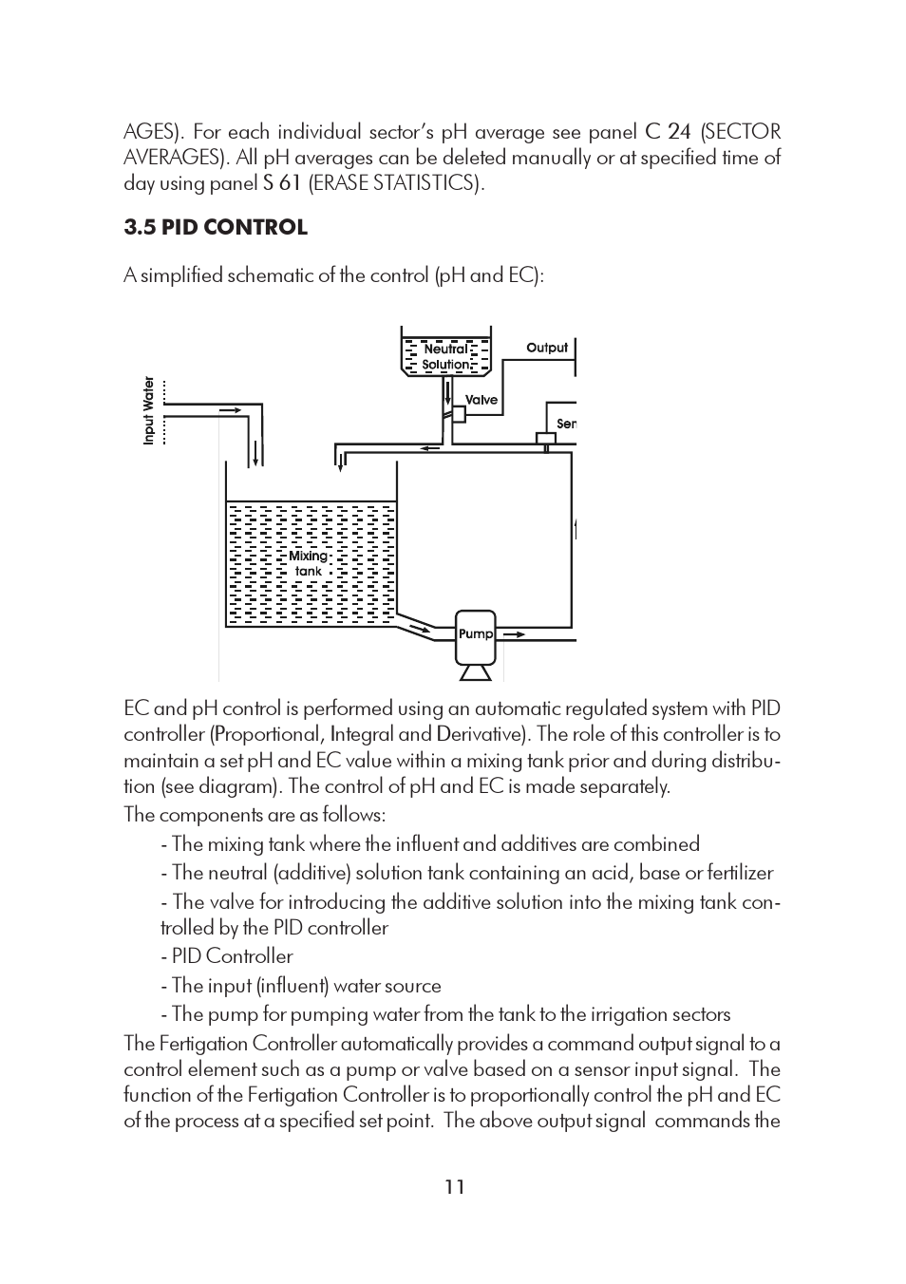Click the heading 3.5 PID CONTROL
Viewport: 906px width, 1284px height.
pyautogui.click(x=216, y=228)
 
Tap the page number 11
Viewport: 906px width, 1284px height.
pyautogui.click(x=455, y=1186)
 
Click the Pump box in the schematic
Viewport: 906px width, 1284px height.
pyautogui.click(x=476, y=634)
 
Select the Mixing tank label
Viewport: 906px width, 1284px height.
pyautogui.click(x=308, y=563)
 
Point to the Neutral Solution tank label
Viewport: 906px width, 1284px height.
pyautogui.click(x=445, y=357)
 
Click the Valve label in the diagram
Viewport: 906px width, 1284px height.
pyautogui.click(x=481, y=400)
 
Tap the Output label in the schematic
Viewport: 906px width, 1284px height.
pyautogui.click(x=547, y=348)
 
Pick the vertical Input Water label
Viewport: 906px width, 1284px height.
pyautogui.click(x=148, y=410)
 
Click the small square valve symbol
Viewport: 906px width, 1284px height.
pyautogui.click(x=458, y=414)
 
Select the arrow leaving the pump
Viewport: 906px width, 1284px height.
pyautogui.click(x=514, y=633)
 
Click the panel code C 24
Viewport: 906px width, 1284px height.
pyautogui.click(x=668, y=132)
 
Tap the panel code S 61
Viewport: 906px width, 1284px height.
pyautogui.click(x=282, y=183)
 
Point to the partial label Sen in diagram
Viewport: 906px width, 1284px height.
pyautogui.click(x=566, y=424)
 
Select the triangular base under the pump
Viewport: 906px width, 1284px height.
pyautogui.click(x=476, y=672)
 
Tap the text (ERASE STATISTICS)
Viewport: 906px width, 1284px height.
pyautogui.click(x=396, y=183)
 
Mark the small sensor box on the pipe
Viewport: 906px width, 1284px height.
pyautogui.click(x=546, y=439)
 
